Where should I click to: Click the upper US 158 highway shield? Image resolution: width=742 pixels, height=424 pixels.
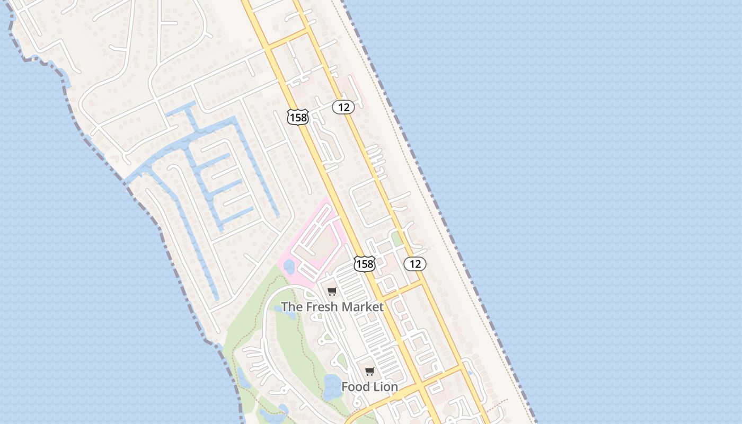(298, 117)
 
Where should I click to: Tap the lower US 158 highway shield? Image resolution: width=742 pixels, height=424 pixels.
(365, 263)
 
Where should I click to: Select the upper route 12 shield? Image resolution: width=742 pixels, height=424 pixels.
(343, 107)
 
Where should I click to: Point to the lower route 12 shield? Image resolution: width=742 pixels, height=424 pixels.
(415, 263)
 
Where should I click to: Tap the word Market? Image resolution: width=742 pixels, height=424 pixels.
(363, 306)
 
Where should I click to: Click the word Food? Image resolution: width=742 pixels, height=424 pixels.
(354, 387)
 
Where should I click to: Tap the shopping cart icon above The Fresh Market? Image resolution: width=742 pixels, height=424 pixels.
(332, 290)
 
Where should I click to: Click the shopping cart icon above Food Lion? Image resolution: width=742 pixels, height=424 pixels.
(370, 371)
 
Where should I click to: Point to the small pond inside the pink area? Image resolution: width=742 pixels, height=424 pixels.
(289, 267)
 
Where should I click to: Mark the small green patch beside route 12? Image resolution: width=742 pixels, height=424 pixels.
(397, 238)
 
